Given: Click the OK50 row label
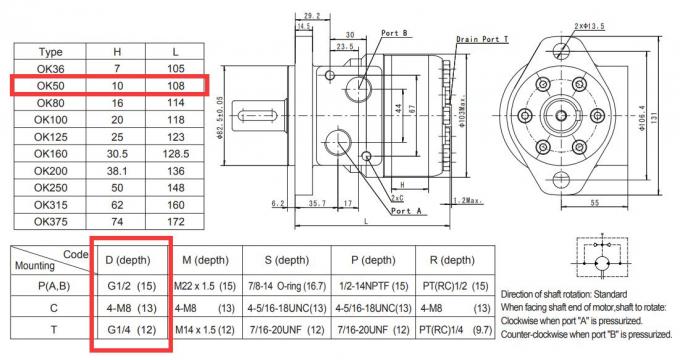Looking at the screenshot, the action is coord(50,85).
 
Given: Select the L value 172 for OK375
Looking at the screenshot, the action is coord(176,222).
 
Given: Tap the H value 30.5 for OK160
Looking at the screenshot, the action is coord(117,154).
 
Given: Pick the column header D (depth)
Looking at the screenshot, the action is coord(128,260).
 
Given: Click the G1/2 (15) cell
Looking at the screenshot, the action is coord(131,286).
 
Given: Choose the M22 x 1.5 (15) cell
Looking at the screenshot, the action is coord(205,286).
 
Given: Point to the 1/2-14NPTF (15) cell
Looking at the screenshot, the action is coord(373,286).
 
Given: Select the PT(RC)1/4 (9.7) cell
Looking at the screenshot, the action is coord(455,330).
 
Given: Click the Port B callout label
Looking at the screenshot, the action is coord(394,33).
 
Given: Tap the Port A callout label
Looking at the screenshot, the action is coord(406,211).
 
